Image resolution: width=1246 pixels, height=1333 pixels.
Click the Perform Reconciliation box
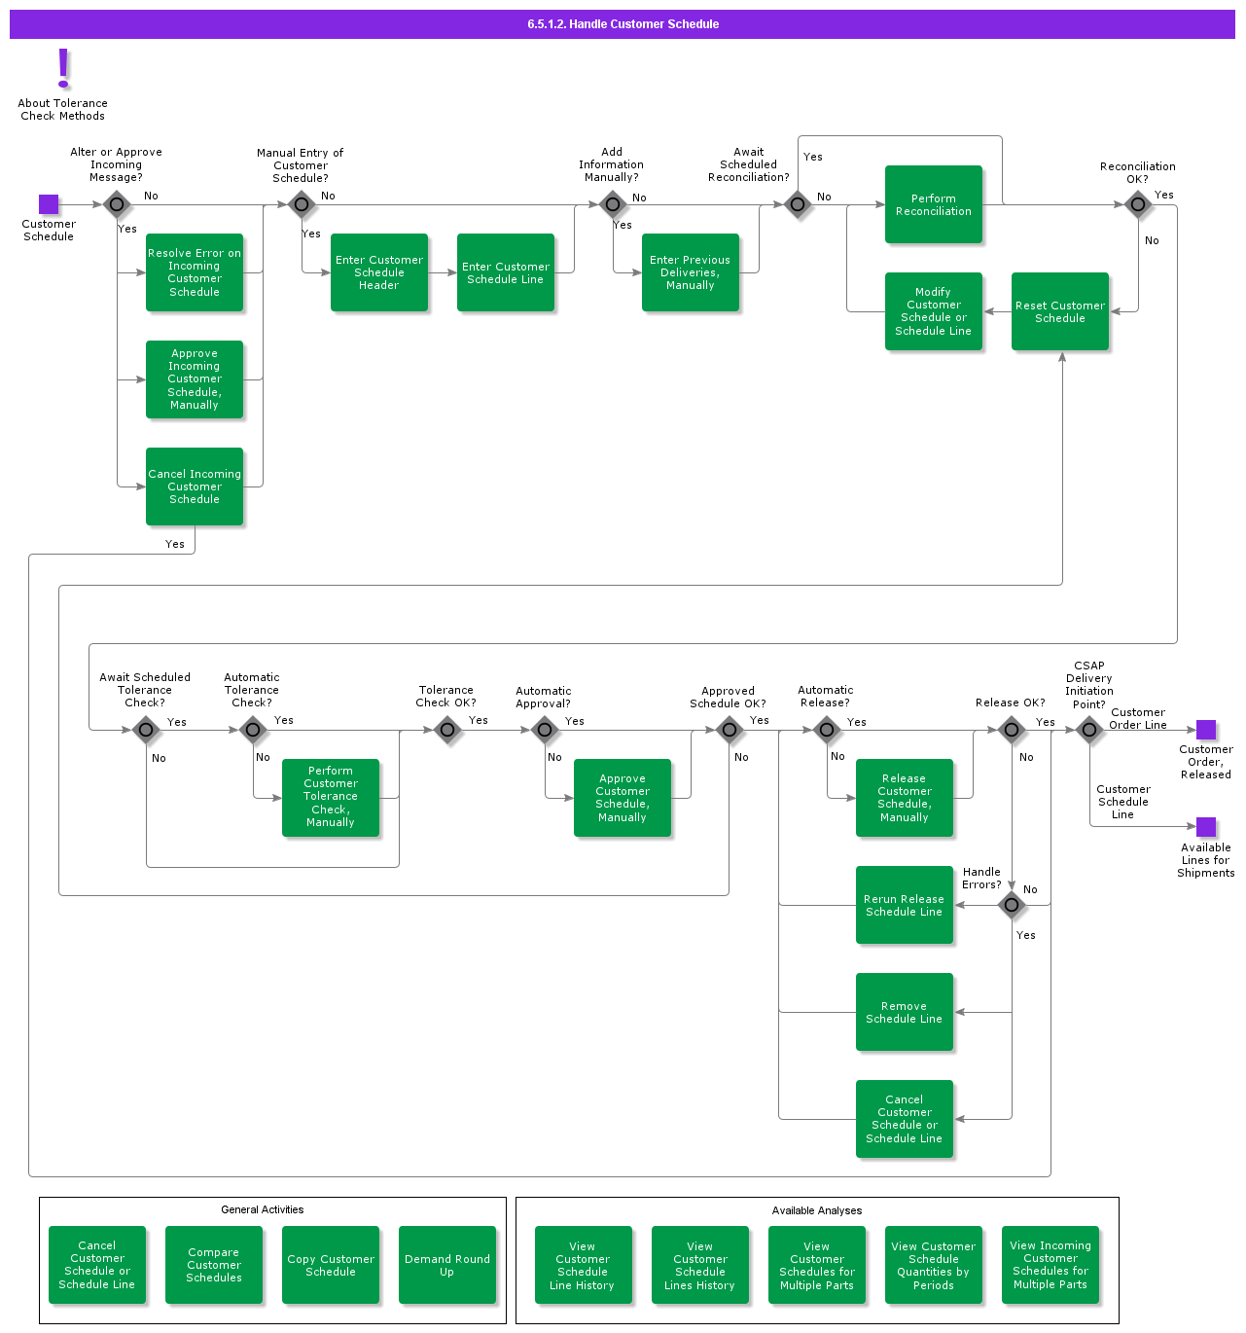click(x=933, y=204)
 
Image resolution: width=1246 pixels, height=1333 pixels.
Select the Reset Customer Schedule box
click(x=1059, y=311)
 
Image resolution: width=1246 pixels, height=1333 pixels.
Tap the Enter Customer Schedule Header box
click(x=378, y=272)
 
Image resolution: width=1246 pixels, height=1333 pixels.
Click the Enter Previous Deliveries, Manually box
click(x=690, y=272)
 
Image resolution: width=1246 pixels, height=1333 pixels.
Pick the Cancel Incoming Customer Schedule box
click(x=194, y=486)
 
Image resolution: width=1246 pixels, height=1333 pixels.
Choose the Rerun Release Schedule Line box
click(x=904, y=905)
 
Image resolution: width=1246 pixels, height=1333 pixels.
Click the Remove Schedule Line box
click(x=904, y=1012)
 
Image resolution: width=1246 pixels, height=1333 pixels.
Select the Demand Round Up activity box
click(x=446, y=1265)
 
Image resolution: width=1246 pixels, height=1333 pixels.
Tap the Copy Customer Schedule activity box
click(x=330, y=1265)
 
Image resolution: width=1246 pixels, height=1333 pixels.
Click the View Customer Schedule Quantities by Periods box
click(x=933, y=1265)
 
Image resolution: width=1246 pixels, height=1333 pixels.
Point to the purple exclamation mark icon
click(x=63, y=68)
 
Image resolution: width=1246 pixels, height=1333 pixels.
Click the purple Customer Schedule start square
click(x=49, y=204)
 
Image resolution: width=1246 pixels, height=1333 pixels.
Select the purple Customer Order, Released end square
click(x=1206, y=730)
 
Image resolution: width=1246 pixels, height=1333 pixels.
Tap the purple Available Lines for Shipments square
click(x=1206, y=827)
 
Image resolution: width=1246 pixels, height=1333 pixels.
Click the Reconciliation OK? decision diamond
click(x=1138, y=204)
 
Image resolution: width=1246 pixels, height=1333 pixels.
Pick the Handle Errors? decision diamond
click(x=1012, y=905)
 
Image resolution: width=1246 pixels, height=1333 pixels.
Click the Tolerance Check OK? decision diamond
click(x=447, y=730)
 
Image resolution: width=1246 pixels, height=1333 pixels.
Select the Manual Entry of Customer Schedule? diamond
click(x=302, y=204)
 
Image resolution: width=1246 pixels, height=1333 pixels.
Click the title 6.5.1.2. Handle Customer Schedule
click(x=623, y=24)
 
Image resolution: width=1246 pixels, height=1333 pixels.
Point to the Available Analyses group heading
click(x=816, y=1210)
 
